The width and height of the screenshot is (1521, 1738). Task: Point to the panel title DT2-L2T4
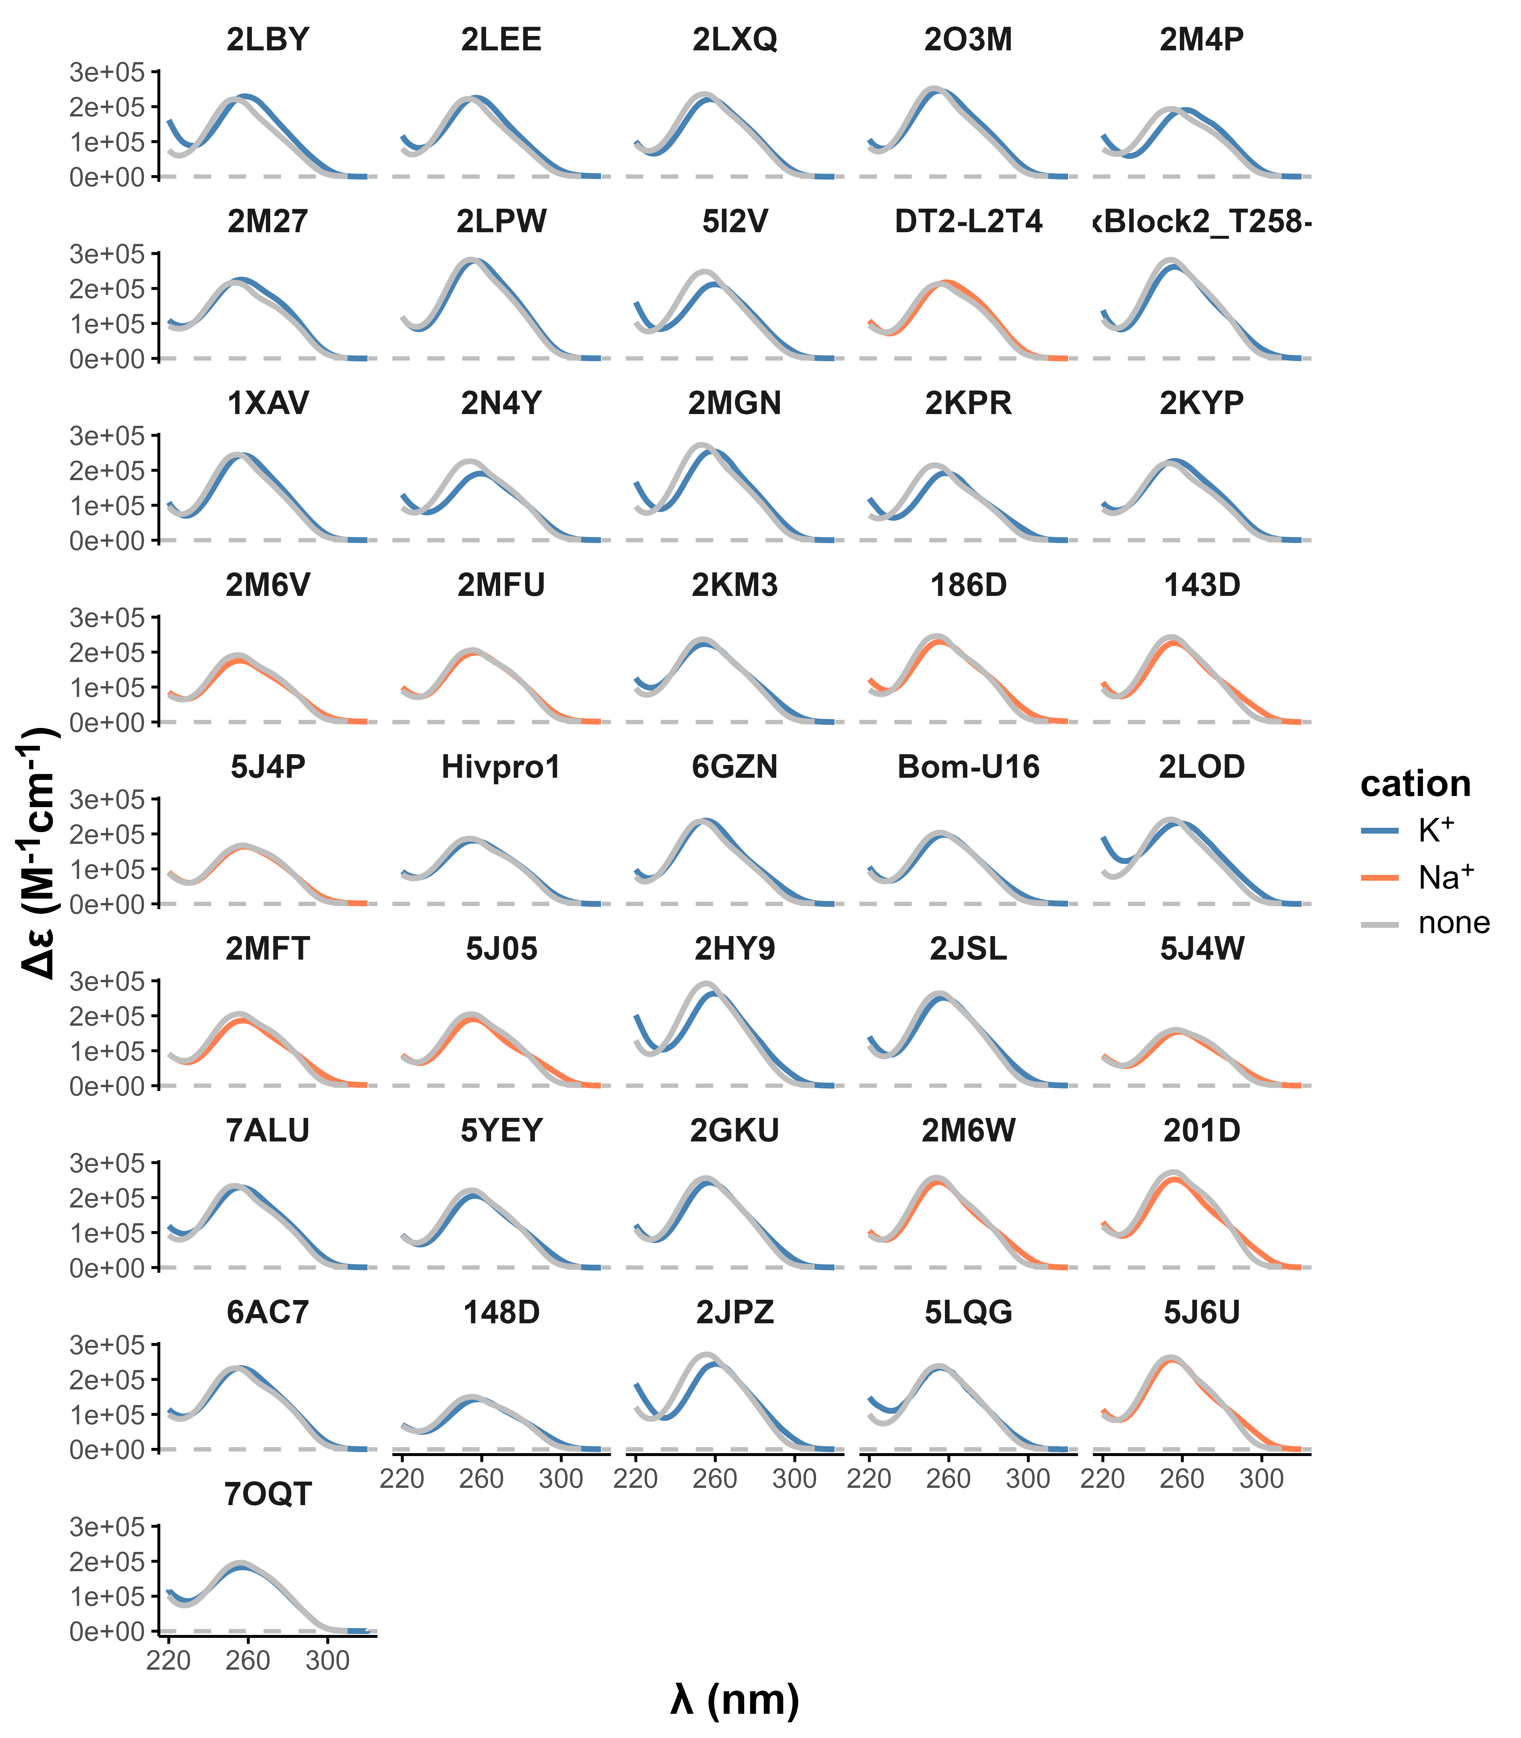(x=969, y=221)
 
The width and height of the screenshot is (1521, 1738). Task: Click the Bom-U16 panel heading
(x=969, y=767)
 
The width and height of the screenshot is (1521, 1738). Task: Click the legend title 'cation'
(x=1416, y=783)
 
